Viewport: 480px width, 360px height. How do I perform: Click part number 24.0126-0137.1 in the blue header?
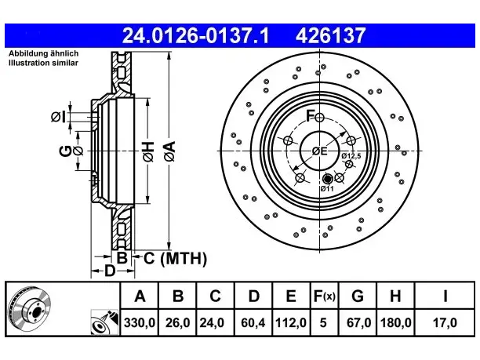pos(195,35)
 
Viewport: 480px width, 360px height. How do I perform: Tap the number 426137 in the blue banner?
pos(330,35)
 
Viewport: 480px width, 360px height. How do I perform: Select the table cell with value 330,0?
pos(140,322)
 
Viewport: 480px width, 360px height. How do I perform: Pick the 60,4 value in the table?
pos(253,322)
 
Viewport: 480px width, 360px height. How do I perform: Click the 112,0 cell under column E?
pos(291,322)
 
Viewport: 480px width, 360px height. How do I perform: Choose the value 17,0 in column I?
pos(445,322)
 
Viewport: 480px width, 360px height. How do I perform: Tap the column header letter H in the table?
pos(395,296)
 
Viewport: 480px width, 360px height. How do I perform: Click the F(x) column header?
pos(325,296)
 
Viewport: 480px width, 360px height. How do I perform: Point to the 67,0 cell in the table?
pos(358,322)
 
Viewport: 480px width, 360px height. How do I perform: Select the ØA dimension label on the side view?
pos(170,151)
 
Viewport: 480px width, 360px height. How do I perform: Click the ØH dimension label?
pos(148,151)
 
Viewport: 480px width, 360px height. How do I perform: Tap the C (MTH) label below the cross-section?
pos(175,258)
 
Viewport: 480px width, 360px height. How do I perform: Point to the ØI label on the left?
pos(58,117)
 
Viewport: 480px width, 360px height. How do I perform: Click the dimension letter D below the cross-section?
pos(110,271)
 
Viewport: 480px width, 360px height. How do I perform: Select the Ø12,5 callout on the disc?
pos(351,156)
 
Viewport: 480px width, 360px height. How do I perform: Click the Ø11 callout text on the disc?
pos(327,188)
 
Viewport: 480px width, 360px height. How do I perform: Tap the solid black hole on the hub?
pos(328,179)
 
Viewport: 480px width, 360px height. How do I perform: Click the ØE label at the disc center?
pos(319,151)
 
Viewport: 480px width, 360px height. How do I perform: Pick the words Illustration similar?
pos(43,63)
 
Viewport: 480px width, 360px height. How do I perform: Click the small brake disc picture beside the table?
pos(30,309)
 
